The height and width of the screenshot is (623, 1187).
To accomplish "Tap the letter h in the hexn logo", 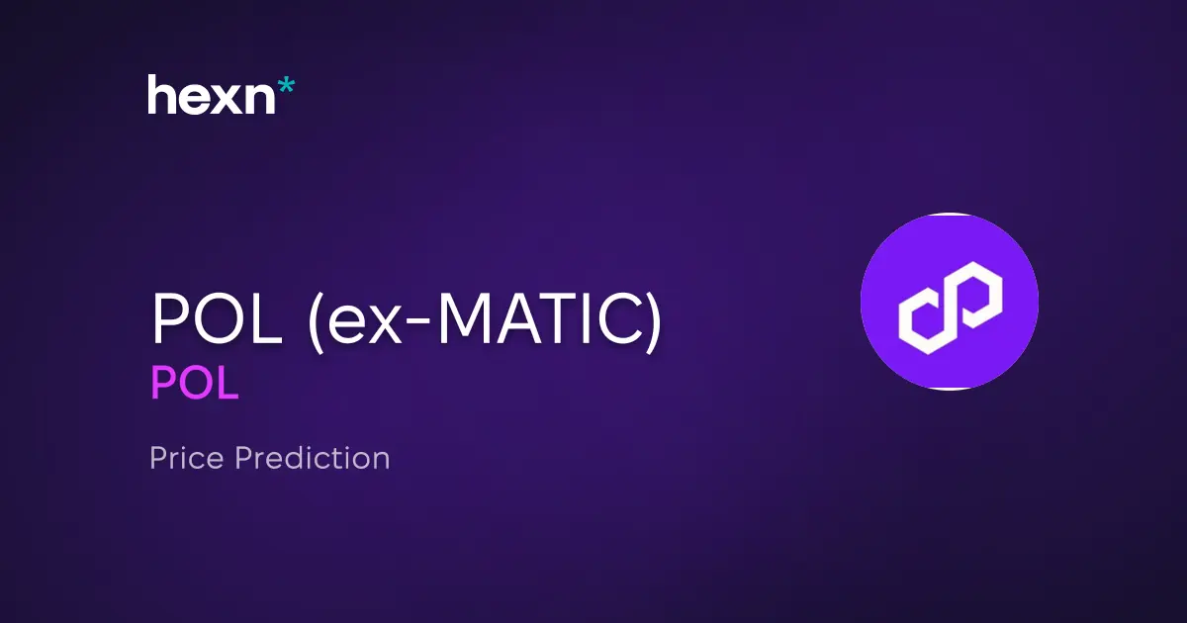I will click(161, 95).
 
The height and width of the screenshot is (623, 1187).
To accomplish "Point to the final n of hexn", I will click(256, 99).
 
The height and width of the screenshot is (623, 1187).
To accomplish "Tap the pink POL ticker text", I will click(194, 384).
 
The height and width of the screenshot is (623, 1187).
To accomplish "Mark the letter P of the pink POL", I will click(163, 384).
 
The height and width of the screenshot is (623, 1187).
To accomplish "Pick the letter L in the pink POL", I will click(228, 384).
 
